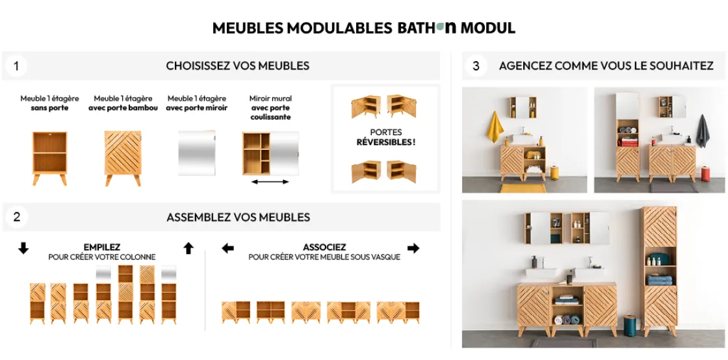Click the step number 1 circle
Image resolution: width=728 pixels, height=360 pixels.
coord(16,66)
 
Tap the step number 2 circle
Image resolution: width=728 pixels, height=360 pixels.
coord(17,217)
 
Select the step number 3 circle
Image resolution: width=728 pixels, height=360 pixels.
coord(476,66)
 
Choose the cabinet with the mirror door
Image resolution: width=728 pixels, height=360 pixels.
coord(197,153)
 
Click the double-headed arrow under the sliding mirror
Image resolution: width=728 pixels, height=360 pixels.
coord(270,182)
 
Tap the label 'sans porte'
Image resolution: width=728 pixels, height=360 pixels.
coord(49,108)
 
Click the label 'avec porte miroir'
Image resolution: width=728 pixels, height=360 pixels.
coord(197,108)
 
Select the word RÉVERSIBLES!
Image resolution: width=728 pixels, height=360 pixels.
coord(386,142)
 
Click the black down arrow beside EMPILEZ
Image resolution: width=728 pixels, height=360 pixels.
coord(23,248)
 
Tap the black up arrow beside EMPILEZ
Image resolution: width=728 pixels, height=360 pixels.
coord(188,248)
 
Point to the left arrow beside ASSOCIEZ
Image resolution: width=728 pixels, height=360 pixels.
coord(227,248)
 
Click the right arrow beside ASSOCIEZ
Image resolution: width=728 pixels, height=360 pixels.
coord(413,248)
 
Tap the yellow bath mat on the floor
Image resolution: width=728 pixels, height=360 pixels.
coord(523,188)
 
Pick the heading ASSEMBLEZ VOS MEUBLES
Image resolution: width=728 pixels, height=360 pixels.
coord(238,217)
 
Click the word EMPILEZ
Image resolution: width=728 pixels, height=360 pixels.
coord(101,248)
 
